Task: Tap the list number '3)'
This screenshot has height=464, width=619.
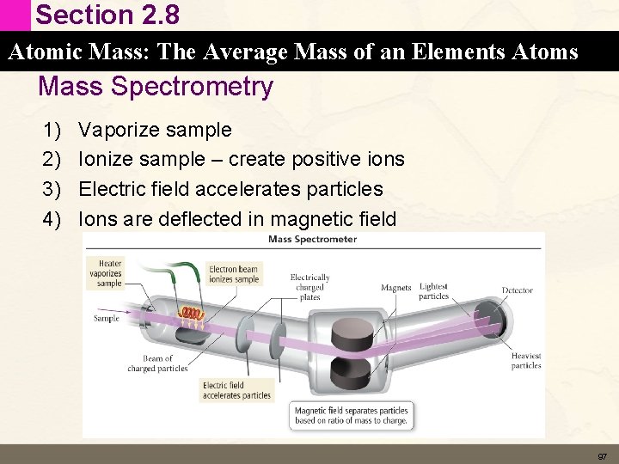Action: (53, 189)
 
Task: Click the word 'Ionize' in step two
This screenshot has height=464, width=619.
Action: (103, 160)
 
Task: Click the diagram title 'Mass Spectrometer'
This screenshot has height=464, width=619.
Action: (313, 240)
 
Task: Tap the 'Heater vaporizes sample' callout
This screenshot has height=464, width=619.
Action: (109, 273)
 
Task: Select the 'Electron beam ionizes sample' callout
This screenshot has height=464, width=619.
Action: (233, 274)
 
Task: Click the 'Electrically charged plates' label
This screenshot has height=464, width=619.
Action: (309, 287)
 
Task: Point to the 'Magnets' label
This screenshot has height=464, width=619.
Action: (395, 289)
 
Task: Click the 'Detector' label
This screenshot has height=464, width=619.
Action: (517, 290)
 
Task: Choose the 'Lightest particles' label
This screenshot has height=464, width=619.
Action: (433, 291)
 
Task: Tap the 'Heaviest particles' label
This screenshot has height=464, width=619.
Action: (525, 361)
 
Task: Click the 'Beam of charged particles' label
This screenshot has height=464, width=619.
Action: (157, 363)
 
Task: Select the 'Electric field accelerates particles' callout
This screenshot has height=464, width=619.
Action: (236, 390)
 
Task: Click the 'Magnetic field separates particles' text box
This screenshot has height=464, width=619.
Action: (351, 415)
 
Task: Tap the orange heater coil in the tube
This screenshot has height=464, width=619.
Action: (194, 315)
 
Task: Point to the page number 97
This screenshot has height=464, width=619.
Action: (602, 455)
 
